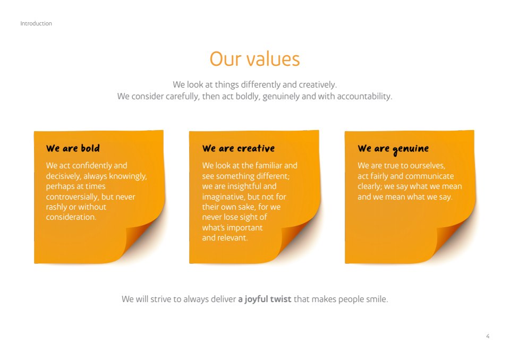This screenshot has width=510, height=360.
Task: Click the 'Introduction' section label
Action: point(36,23)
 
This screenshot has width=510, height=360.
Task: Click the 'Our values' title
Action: point(254,59)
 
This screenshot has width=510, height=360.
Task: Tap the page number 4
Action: point(488,336)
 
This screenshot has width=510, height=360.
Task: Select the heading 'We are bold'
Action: point(73,148)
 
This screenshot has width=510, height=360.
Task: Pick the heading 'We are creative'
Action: point(239,148)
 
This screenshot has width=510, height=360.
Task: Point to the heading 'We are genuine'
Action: point(393,149)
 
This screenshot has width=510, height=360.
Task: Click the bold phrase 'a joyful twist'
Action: point(265,299)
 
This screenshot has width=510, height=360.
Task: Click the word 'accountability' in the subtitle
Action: point(364,97)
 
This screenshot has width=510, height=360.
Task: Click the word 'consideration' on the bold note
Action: point(70,217)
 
